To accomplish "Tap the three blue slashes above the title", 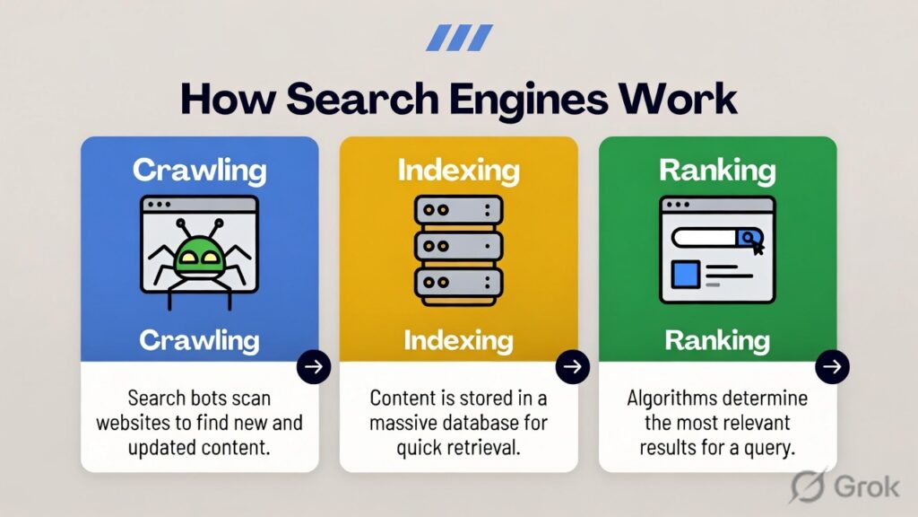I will coord(459,38).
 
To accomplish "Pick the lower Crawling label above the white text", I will coord(199,339).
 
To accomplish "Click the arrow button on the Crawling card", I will coord(314,366).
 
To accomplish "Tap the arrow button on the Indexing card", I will coord(573,366).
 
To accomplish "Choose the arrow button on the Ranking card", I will coord(832,366).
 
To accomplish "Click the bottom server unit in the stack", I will coord(458,284).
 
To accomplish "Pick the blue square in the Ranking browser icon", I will coord(685,274).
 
